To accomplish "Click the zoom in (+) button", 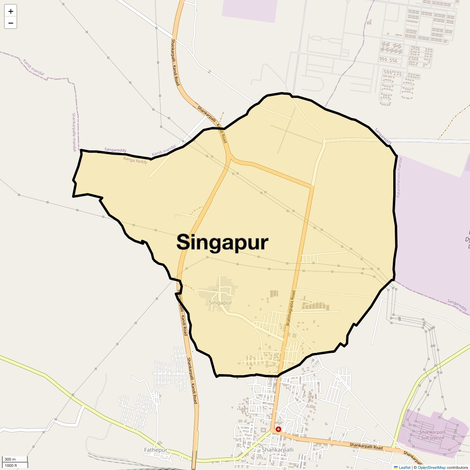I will pyautogui.click(x=11, y=11).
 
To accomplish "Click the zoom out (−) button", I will pyautogui.click(x=11, y=23).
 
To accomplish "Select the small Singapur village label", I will pyautogui.click(x=221, y=303).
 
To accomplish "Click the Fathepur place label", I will pyautogui.click(x=155, y=450).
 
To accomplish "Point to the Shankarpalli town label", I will pyautogui.click(x=278, y=450).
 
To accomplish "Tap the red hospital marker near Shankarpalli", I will pyautogui.click(x=278, y=429).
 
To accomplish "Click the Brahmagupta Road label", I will pyautogui.click(x=290, y=308).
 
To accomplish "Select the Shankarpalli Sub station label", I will pyautogui.click(x=432, y=435).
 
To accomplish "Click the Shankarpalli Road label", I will pyautogui.click(x=366, y=446).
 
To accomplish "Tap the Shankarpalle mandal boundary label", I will pyautogui.click(x=74, y=132).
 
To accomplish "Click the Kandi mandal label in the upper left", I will pyautogui.click(x=33, y=67).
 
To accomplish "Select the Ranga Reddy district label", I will pyautogui.click(x=135, y=160).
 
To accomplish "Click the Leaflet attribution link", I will pyautogui.click(x=404, y=467).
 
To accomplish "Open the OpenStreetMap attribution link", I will pyautogui.click(x=431, y=467).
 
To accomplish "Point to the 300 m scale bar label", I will pyautogui.click(x=11, y=459).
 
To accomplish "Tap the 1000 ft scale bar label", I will pyautogui.click(x=11, y=465).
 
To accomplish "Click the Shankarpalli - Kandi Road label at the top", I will pyautogui.click(x=175, y=62).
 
